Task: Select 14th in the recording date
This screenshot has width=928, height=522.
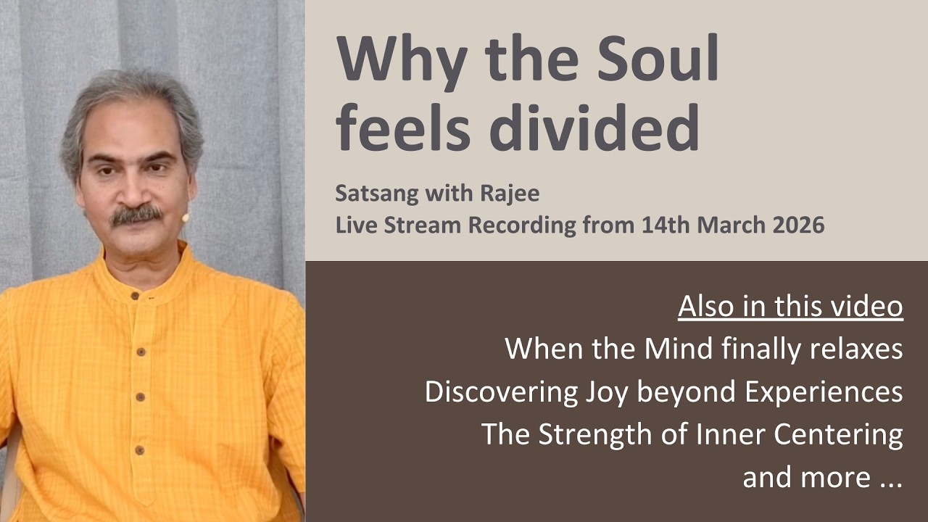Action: (663, 225)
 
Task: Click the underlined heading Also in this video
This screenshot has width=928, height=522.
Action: (790, 307)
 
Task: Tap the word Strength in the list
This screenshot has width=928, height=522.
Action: (592, 434)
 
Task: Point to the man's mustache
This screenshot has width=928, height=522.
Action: (136, 215)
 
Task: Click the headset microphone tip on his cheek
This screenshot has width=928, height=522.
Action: (186, 217)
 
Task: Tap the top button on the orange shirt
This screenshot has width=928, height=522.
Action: (135, 296)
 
